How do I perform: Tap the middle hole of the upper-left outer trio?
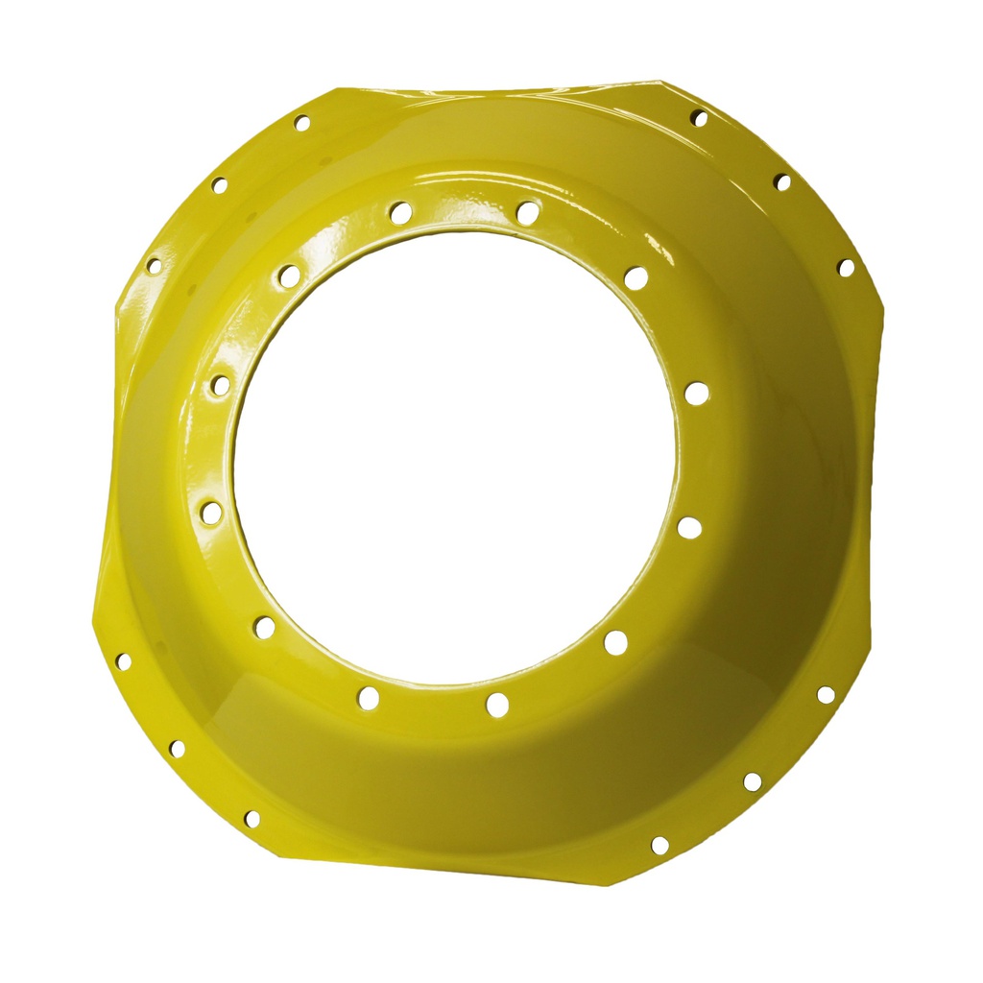tap(219, 184)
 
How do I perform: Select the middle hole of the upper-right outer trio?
tap(783, 181)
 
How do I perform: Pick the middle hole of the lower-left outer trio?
tap(177, 748)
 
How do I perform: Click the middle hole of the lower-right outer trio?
tap(753, 781)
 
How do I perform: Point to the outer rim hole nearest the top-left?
tap(301, 123)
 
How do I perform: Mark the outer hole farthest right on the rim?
tap(846, 268)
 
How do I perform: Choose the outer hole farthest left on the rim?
tap(123, 661)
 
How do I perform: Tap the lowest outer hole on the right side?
tap(659, 846)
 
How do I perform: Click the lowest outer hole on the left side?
tap(252, 819)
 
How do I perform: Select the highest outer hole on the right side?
tap(699, 118)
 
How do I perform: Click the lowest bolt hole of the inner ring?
tap(496, 705)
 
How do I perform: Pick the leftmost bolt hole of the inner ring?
tap(211, 513)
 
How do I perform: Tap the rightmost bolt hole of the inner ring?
tap(697, 393)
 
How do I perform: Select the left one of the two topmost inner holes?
tap(401, 212)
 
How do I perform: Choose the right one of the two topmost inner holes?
tap(527, 212)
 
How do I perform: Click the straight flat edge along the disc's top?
tap(499, 89)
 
